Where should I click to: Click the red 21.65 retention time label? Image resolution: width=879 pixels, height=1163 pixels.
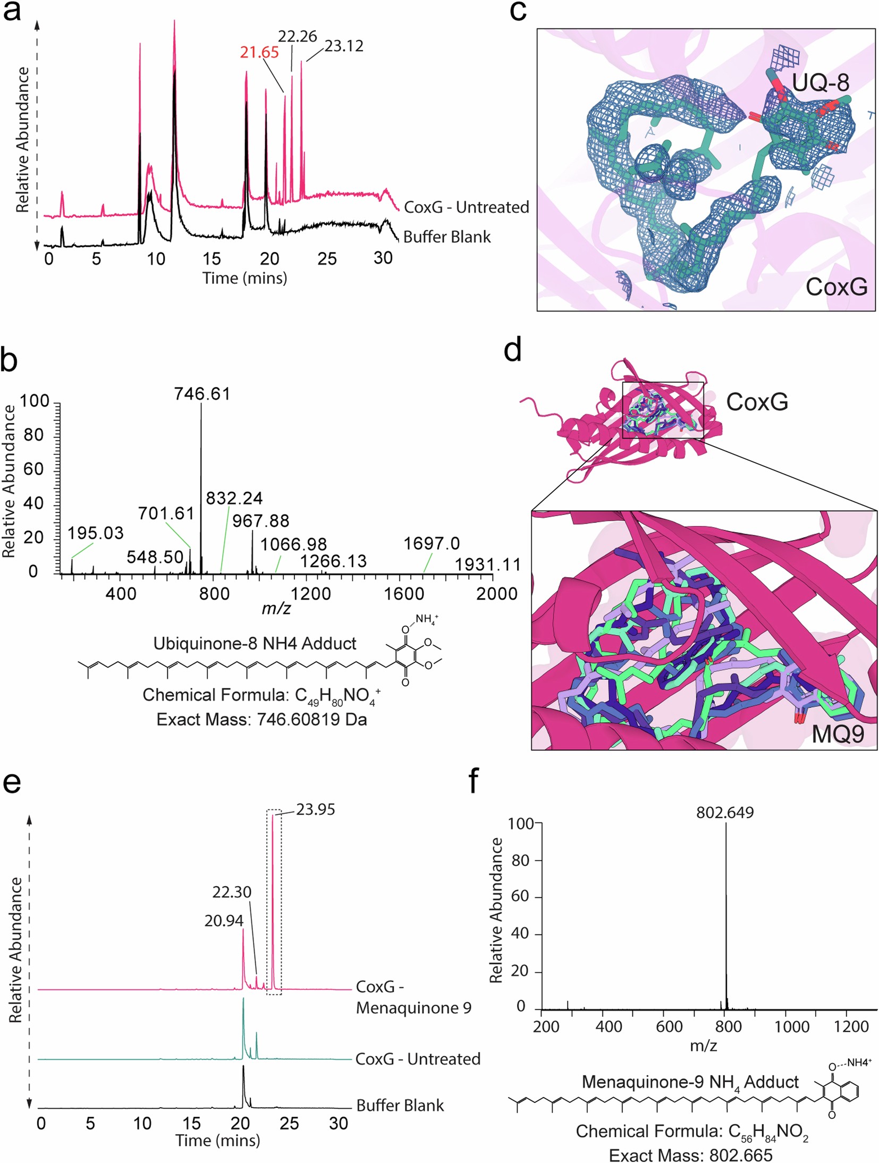259,52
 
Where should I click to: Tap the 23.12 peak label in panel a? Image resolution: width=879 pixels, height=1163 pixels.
344,46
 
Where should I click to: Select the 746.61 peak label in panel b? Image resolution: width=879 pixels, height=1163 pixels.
202,394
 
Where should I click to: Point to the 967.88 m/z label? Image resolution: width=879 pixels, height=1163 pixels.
260,521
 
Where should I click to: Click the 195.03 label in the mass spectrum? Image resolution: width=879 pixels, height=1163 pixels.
95,533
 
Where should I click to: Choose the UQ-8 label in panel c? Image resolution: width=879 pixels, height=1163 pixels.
821,83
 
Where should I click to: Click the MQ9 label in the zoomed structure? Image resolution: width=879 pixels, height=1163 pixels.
838,734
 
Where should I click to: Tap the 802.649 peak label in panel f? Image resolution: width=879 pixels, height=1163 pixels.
725,813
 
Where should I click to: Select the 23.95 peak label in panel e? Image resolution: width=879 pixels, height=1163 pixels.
316,810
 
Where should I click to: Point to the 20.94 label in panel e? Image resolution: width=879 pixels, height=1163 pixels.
224,921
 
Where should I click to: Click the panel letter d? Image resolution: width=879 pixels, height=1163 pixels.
512,351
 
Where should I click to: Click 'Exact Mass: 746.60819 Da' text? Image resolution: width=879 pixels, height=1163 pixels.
261,720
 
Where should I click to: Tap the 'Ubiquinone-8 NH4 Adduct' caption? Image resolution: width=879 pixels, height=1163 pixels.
255,644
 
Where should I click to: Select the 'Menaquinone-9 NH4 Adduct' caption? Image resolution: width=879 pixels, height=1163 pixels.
690,1082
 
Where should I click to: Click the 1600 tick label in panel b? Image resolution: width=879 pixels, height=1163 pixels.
403,594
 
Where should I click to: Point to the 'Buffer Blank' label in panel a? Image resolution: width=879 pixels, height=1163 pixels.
447,237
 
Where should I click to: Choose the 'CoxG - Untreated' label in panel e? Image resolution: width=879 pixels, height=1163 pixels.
417,1059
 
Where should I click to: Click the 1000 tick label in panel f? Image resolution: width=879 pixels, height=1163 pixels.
791,1026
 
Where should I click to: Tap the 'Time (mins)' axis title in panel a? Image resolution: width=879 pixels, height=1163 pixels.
244,278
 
